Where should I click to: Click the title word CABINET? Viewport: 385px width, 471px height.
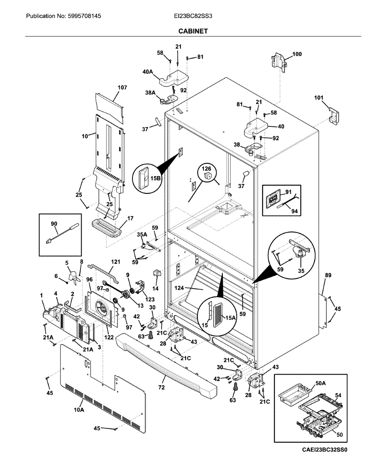click(193, 31)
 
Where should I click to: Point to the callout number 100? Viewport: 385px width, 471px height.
click(297, 54)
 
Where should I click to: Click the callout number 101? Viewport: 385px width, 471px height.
click(319, 97)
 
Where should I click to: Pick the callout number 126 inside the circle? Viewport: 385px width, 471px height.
click(207, 169)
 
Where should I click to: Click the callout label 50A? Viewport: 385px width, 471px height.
click(321, 383)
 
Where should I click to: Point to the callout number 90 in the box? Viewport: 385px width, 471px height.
click(54, 224)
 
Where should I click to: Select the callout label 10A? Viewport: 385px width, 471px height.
click(79, 410)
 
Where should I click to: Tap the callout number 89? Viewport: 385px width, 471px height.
click(328, 276)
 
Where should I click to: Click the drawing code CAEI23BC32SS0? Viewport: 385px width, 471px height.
click(324, 450)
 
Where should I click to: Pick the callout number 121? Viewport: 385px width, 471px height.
click(115, 261)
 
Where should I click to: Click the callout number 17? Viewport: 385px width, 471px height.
click(130, 218)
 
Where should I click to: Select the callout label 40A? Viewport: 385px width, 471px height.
click(148, 72)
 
